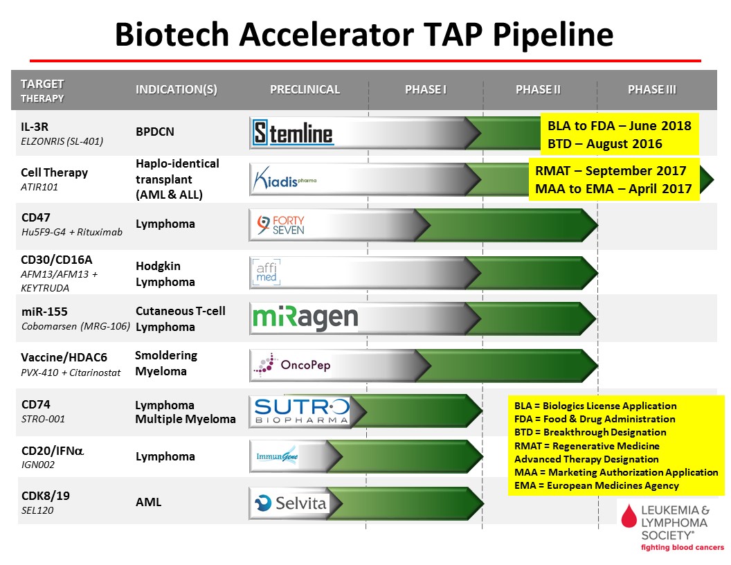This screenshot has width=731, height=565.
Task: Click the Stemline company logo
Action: pos(293,133)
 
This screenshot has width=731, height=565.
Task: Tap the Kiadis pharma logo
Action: pos(285,179)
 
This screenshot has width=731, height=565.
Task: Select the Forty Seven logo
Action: pos(280,225)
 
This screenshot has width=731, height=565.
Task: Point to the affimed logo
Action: pos(267,272)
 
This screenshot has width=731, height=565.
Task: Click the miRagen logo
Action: pos(305,318)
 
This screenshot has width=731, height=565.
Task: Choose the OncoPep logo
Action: pos(292,364)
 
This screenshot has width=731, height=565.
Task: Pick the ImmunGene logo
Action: pos(277,456)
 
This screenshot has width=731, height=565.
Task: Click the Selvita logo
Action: pos(290,503)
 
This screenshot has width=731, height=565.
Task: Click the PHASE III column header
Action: pos(652,89)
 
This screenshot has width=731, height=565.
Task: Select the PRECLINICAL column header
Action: pos(305,89)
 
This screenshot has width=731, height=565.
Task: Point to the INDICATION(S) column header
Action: pos(177,89)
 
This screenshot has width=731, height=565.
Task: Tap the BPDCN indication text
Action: pos(155,132)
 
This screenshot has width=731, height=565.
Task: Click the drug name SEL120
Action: pos(37,510)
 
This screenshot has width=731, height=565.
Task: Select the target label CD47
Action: pos(36,217)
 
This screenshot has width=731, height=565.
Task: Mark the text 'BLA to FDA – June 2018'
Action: pos(619,126)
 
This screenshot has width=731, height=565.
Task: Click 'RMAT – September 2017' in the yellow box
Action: pos(611,171)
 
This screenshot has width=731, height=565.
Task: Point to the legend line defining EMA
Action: pos(596,486)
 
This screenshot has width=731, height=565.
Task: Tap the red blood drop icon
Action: pos(629,516)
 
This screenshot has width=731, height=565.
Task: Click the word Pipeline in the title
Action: pos(553,35)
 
